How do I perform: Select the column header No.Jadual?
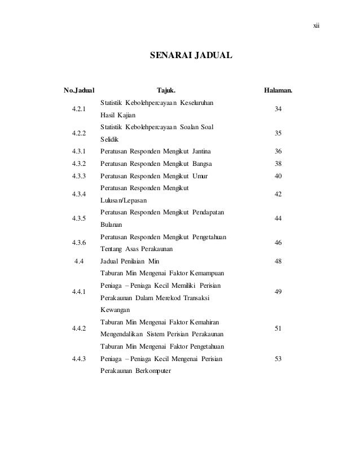click(x=80, y=90)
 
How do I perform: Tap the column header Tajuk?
click(x=166, y=90)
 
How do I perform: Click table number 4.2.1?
click(x=80, y=109)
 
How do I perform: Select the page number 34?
click(x=278, y=109)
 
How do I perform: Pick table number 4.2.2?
click(x=80, y=133)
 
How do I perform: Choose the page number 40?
click(x=278, y=176)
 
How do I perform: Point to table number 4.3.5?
click(x=80, y=218)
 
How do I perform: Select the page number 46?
click(x=278, y=243)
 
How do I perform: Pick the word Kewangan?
click(x=116, y=310)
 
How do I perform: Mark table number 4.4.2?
click(x=80, y=328)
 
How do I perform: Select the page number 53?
click(x=278, y=359)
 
